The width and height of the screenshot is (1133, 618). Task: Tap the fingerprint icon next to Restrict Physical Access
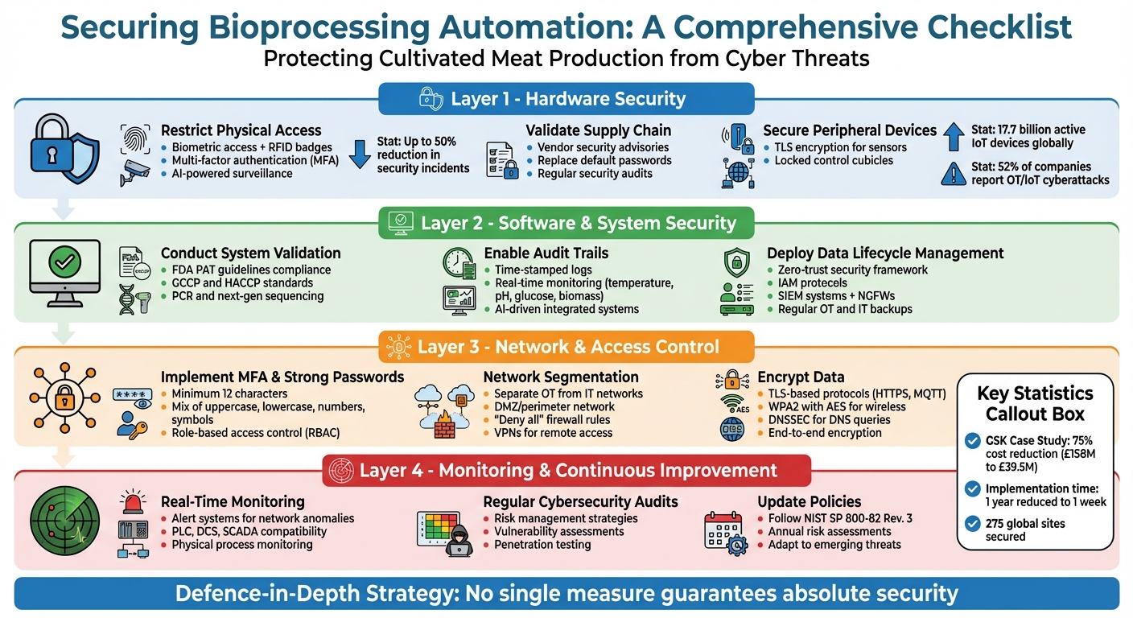pos(134,139)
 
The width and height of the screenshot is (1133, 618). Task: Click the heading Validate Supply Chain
pos(598,130)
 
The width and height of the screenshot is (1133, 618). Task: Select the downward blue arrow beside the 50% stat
pos(361,154)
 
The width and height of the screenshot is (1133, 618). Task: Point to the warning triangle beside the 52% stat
pos(953,172)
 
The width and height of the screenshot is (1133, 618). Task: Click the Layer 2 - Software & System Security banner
pos(566,223)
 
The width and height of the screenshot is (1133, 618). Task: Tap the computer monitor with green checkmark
pos(64,273)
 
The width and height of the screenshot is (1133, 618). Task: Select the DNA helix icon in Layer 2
pos(134,299)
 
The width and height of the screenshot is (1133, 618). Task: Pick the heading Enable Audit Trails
pos(546,253)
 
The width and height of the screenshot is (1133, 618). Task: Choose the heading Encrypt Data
pos(801,377)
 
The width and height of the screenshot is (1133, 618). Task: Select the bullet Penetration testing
pos(542,545)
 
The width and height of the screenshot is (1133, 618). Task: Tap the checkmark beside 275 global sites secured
pos(971,523)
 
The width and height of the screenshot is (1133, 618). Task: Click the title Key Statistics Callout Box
pos(1035,404)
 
